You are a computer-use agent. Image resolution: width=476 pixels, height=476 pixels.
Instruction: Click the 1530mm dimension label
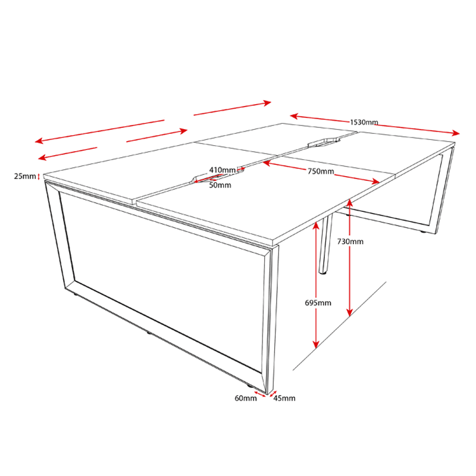click(364, 123)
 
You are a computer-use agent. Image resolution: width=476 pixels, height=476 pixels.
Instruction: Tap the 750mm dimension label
click(321, 171)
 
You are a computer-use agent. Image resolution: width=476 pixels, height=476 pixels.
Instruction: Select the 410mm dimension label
click(222, 170)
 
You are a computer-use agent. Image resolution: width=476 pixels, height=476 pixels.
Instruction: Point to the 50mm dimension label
click(220, 185)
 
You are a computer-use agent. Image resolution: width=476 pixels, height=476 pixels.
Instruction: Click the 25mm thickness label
click(25, 176)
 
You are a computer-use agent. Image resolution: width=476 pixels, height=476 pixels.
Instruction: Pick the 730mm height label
click(350, 242)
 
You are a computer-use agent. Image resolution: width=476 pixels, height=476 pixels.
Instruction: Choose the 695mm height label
click(318, 303)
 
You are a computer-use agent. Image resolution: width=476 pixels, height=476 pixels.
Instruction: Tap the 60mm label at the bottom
click(246, 398)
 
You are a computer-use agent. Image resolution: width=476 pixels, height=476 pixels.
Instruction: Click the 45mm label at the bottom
click(284, 398)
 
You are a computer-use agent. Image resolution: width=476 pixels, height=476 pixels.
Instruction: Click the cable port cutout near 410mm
click(218, 176)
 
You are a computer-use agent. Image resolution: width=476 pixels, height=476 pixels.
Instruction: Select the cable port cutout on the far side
click(324, 142)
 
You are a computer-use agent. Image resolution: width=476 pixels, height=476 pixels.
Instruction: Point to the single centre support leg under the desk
click(325, 243)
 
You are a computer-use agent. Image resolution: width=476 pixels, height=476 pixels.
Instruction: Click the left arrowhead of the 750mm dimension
click(267, 163)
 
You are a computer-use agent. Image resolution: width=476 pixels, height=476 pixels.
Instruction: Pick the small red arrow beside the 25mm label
click(39, 176)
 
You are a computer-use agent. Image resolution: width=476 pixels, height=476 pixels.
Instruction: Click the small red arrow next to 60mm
click(260, 394)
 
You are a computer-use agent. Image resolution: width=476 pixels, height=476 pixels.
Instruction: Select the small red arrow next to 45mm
click(273, 393)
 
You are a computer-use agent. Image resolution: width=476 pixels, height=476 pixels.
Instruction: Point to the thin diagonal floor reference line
click(339, 326)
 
